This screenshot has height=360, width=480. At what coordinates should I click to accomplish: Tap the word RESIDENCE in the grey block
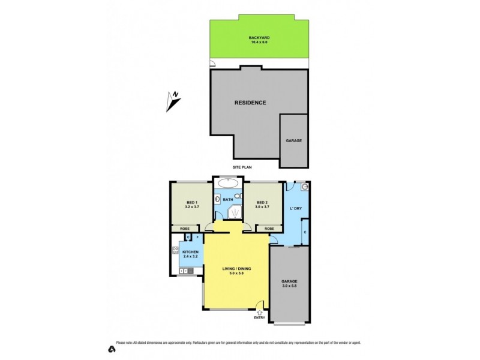(x=250, y=103)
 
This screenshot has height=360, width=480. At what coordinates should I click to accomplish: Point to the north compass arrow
(x=173, y=101)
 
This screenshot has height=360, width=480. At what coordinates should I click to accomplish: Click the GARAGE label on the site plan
(x=293, y=140)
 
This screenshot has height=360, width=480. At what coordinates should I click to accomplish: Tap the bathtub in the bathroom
(x=228, y=184)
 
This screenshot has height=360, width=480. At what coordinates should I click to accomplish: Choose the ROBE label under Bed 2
(x=269, y=229)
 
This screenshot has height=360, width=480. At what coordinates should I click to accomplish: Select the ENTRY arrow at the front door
(x=259, y=311)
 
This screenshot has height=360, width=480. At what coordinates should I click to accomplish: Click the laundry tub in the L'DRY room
(x=305, y=187)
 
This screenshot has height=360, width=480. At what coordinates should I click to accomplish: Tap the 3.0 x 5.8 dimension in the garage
(x=289, y=286)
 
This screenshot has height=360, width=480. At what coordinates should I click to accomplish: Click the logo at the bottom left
(x=111, y=349)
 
